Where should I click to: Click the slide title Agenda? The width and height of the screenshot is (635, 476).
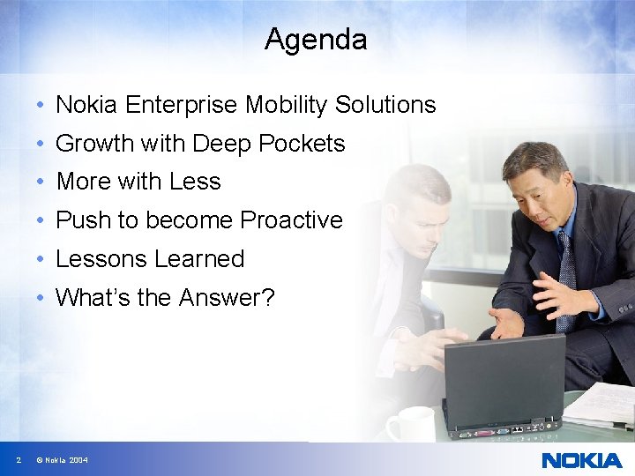[316, 40]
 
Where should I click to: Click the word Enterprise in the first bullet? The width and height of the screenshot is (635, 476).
[182, 105]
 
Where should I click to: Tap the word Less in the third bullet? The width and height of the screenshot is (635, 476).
[195, 182]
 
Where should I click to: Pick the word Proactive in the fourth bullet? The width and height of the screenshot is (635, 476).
[292, 220]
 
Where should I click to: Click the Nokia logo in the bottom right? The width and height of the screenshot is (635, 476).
[581, 460]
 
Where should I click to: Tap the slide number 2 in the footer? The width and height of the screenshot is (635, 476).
[19, 460]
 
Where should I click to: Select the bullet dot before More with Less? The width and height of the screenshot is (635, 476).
[41, 182]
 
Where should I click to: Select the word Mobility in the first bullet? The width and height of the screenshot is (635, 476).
[286, 105]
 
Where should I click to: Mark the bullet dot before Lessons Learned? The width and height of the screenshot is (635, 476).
[41, 260]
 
